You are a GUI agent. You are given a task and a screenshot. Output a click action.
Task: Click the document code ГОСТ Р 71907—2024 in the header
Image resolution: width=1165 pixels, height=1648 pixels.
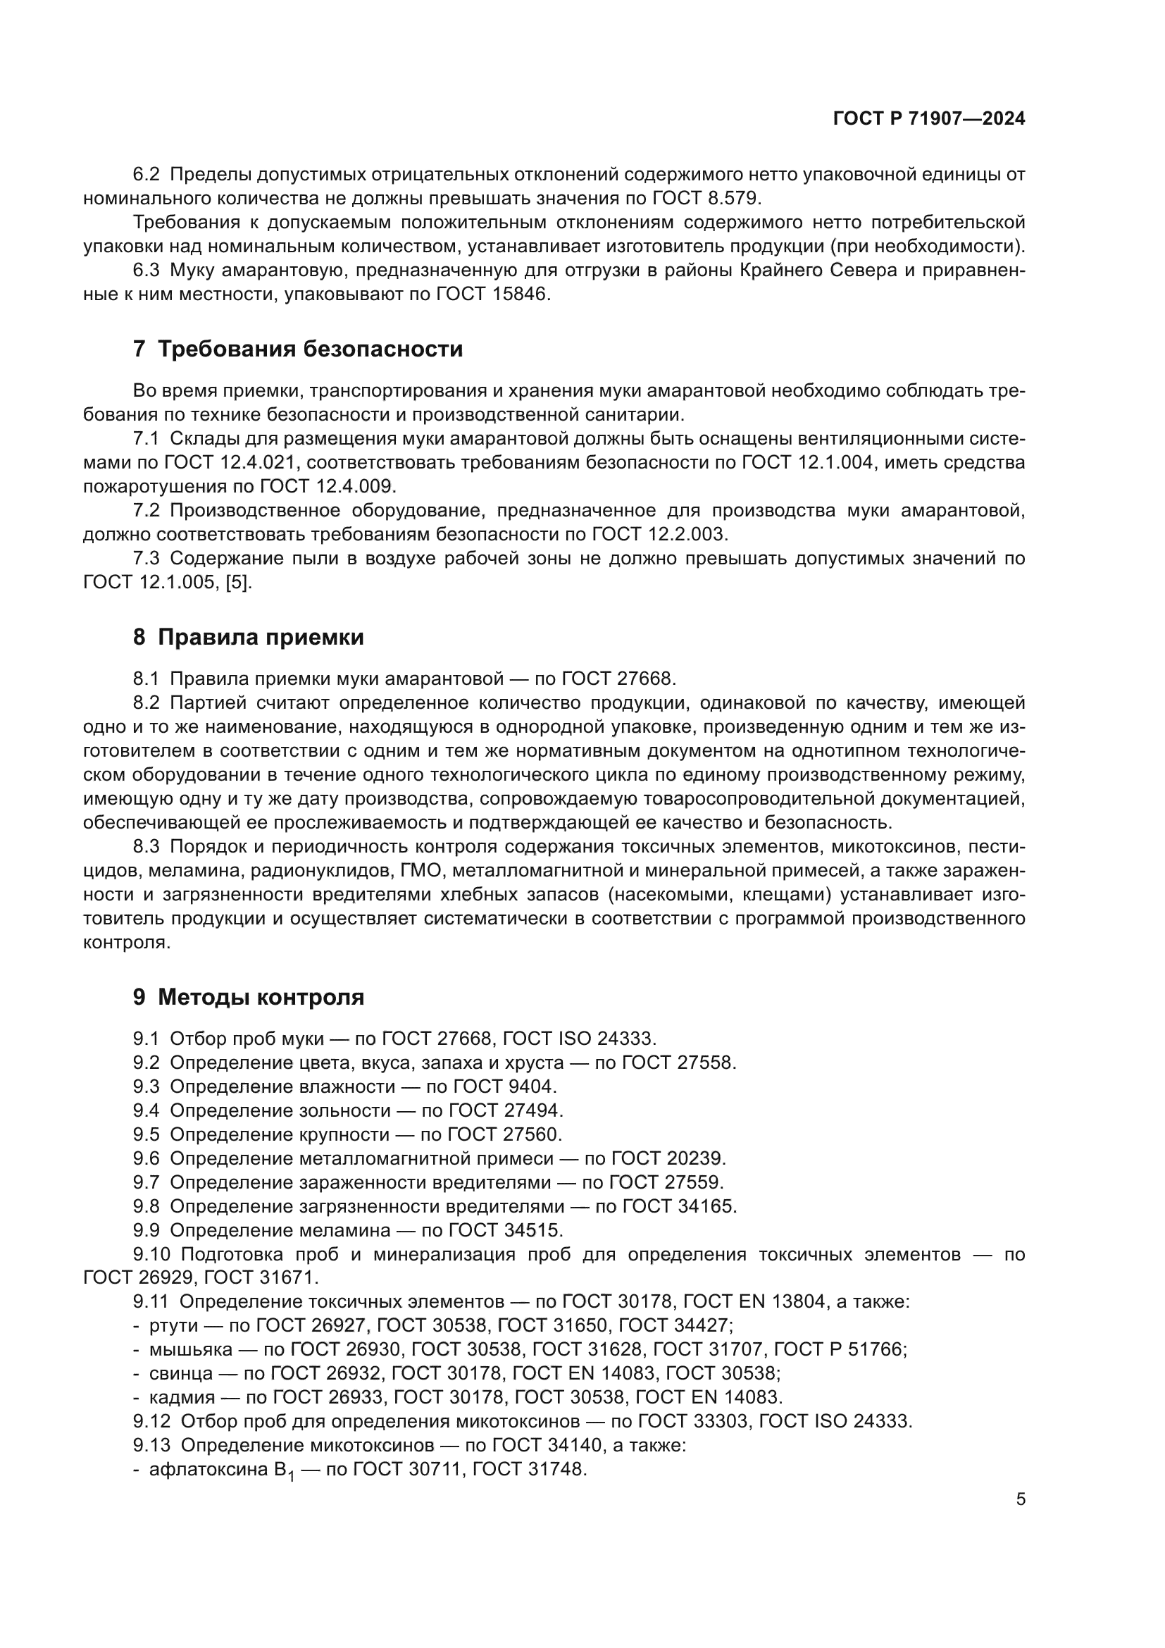[929, 119]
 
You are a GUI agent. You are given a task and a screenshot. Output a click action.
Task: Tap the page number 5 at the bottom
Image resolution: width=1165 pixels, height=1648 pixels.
[1020, 1499]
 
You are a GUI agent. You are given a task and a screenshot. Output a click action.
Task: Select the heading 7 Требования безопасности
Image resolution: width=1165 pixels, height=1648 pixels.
[298, 349]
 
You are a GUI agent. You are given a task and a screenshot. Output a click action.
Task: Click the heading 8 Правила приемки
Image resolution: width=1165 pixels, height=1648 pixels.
[248, 638]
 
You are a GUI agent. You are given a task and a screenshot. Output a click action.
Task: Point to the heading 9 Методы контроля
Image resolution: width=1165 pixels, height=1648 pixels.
[248, 997]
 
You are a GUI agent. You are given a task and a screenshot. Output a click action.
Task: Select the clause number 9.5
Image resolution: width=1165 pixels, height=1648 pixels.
[146, 1135]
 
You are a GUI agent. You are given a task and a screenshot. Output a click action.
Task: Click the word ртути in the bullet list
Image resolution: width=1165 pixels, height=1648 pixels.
[173, 1327]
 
